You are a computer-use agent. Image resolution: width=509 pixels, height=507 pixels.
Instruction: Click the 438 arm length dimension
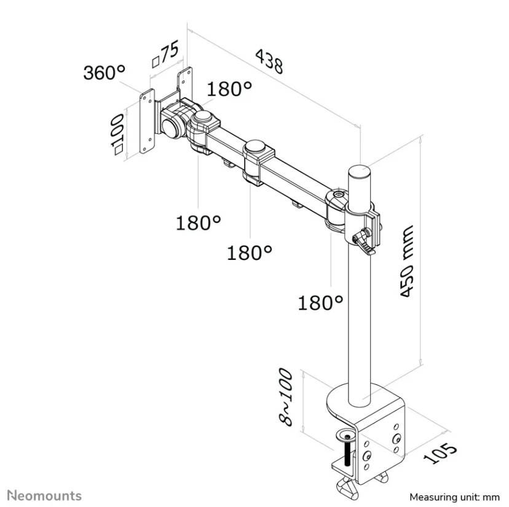click(269, 61)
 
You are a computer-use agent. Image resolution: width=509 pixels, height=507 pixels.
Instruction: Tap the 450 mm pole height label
click(406, 261)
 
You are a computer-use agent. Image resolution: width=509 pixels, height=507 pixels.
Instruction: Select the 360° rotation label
click(104, 72)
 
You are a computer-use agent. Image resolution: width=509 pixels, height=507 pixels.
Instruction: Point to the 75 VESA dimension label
click(165, 54)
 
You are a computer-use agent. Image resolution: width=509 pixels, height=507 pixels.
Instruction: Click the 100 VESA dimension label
click(117, 135)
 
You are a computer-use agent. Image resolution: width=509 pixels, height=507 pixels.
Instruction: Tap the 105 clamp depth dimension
click(440, 453)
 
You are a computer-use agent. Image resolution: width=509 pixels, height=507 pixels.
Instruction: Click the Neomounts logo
click(44, 496)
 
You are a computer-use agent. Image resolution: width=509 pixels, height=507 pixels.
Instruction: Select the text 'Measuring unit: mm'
click(454, 497)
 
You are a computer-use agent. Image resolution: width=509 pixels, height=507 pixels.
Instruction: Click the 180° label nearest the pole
click(320, 303)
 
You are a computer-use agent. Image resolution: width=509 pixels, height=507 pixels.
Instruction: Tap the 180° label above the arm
click(229, 88)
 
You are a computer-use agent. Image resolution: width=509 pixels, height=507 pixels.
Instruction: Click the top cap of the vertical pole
click(360, 171)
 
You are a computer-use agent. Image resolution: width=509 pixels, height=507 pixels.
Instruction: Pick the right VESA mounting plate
click(184, 84)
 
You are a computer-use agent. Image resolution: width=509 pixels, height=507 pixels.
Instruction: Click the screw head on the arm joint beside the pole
click(339, 195)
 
